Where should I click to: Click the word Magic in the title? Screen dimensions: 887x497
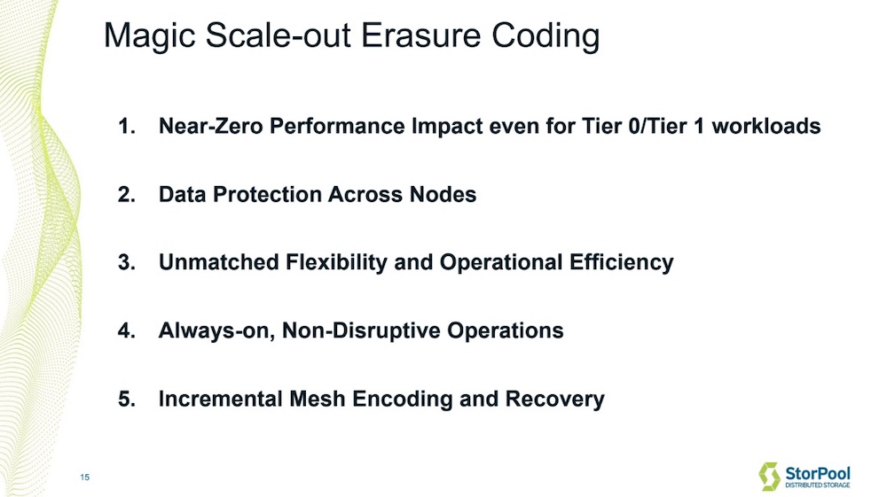150,36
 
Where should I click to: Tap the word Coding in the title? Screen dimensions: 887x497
546,36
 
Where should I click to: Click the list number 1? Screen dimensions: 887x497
126,126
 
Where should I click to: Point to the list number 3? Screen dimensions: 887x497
126,262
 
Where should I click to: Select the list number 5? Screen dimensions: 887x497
126,400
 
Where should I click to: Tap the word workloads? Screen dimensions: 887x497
766,126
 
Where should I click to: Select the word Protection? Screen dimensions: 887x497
268,194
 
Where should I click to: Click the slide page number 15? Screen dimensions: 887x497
85,478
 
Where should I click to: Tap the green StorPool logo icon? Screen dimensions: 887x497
769,476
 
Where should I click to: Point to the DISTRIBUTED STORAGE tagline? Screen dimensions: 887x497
818,485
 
